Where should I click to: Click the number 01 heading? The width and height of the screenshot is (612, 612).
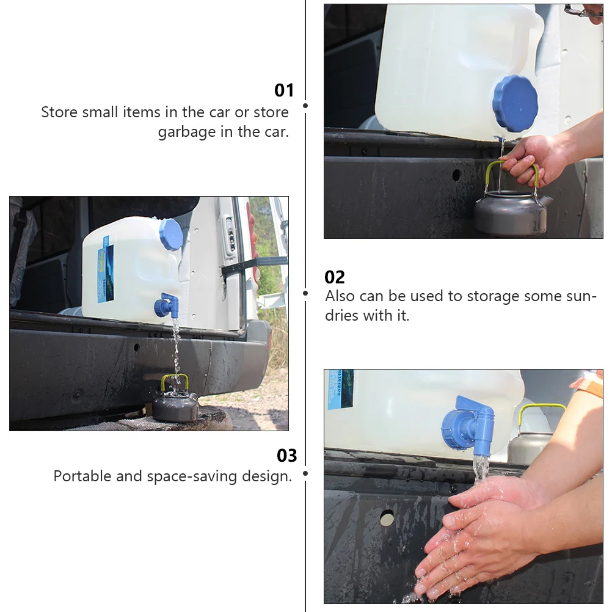pyautogui.click(x=284, y=90)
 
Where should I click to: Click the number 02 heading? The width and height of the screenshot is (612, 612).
pyautogui.click(x=335, y=277)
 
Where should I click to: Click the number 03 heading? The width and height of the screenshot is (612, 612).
pyautogui.click(x=287, y=456)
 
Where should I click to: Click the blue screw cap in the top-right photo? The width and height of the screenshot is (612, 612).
pyautogui.click(x=515, y=103)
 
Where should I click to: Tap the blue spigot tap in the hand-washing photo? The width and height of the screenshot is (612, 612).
pyautogui.click(x=468, y=426)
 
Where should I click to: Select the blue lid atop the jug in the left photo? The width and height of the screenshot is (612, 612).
pyautogui.click(x=171, y=234)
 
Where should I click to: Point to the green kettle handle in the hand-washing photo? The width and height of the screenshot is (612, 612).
pyautogui.click(x=541, y=413)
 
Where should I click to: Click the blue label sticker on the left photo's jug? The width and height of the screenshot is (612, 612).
pyautogui.click(x=106, y=269)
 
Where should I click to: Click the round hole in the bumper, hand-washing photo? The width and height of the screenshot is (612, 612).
pyautogui.click(x=387, y=518)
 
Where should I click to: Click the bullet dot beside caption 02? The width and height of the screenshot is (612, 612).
pyautogui.click(x=305, y=293)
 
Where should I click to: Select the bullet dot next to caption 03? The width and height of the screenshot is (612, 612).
pyautogui.click(x=305, y=473)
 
